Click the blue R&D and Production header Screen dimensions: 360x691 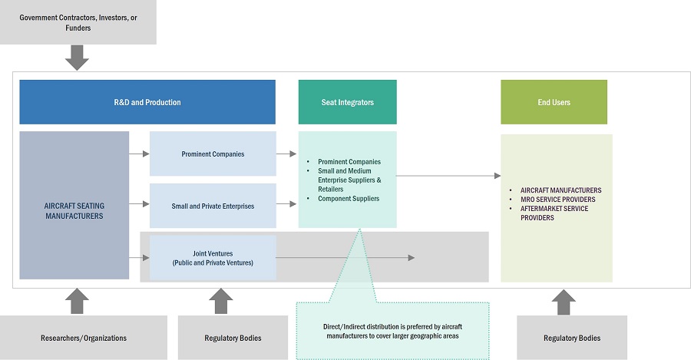coord(147,102)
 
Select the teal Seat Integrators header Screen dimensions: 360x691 coord(347,102)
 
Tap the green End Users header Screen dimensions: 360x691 coord(554,102)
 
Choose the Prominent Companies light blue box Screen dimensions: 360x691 coord(213,154)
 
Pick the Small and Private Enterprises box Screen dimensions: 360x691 coord(213,206)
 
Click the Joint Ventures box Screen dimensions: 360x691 coord(213,257)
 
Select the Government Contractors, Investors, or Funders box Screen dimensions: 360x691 coord(78,22)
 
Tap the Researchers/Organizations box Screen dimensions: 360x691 coord(84,338)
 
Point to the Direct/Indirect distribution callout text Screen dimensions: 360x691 coord(392,331)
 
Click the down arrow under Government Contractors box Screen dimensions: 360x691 coord(78,58)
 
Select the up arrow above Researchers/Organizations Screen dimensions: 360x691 coord(78,301)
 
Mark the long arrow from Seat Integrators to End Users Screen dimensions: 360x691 coord(448,176)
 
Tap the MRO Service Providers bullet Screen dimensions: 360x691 coord(557,200)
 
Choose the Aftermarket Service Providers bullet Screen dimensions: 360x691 coord(554,213)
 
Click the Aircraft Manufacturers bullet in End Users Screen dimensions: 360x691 coord(560,190)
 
